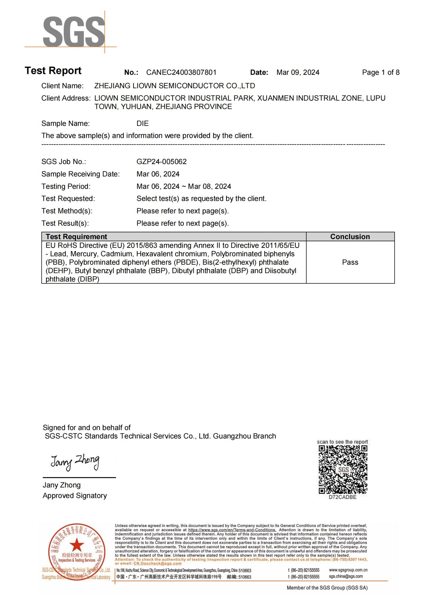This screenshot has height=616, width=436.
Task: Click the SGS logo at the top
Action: pyautogui.click(x=74, y=32)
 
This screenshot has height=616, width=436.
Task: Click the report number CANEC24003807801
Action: pyautogui.click(x=181, y=72)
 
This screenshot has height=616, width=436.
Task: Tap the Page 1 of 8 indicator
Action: pyautogui.click(x=380, y=72)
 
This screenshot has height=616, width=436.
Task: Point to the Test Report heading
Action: pyautogui.click(x=53, y=71)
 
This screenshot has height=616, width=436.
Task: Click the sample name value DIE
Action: pyautogui.click(x=143, y=124)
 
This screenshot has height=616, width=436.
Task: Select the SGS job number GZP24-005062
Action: pyautogui.click(x=161, y=161)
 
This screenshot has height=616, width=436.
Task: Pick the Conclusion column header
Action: pyautogui.click(x=350, y=237)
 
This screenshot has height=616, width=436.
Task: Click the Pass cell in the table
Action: pyautogui.click(x=350, y=262)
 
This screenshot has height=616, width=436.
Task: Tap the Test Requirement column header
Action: pyautogui.click(x=76, y=237)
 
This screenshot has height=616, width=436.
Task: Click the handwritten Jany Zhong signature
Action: pyautogui.click(x=75, y=462)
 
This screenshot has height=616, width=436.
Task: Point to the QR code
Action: pyautogui.click(x=343, y=470)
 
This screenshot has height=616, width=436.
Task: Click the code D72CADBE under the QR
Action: pyautogui.click(x=343, y=497)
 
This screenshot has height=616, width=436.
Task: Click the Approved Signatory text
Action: pyautogui.click(x=75, y=496)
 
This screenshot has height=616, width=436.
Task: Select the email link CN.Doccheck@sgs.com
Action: pyautogui.click(x=157, y=563)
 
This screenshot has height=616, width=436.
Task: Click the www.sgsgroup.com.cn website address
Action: pyautogui.click(x=348, y=570)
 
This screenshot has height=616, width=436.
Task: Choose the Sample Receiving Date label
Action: pyautogui.click(x=81, y=174)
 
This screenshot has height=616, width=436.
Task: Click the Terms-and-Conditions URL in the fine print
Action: pyautogui.click(x=232, y=530)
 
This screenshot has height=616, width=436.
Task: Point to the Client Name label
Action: pyautogui.click(x=62, y=86)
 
